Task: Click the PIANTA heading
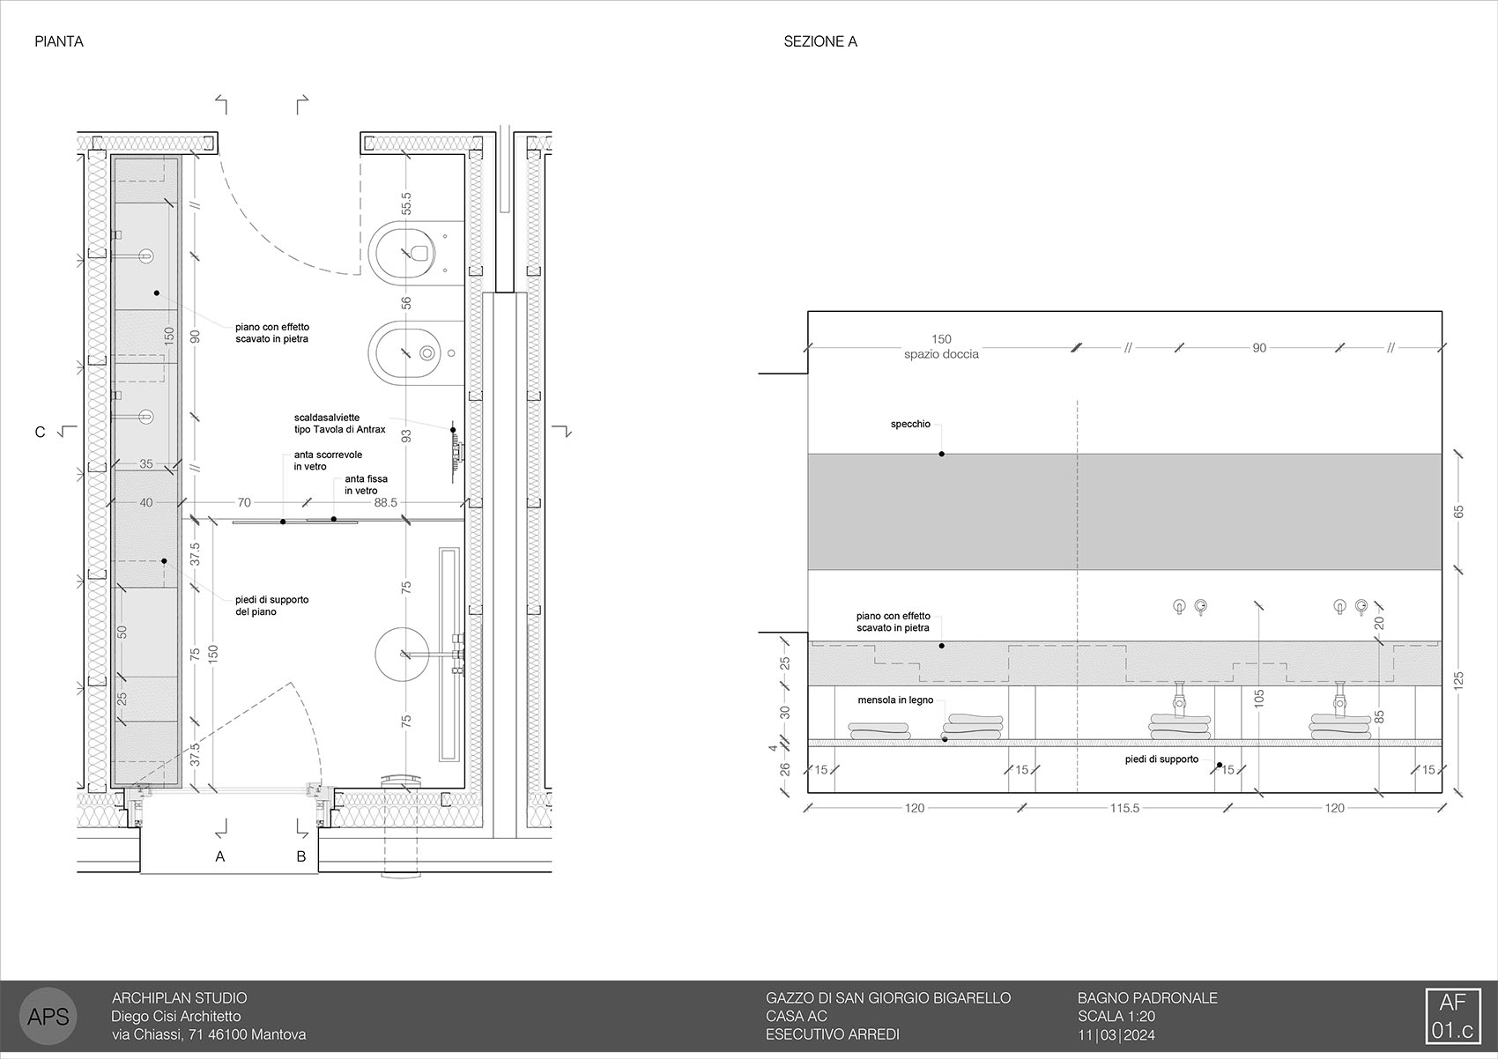[x=59, y=41]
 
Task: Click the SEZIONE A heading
[x=819, y=41]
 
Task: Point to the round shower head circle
[x=402, y=654]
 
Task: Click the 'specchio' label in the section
[x=910, y=424]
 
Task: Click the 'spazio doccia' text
[x=941, y=354]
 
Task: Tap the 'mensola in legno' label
[x=895, y=700]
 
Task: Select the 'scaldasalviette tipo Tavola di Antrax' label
[x=340, y=423]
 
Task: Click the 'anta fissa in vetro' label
[x=366, y=485]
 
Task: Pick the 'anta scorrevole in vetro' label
[x=328, y=460]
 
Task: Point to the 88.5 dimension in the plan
[x=385, y=502]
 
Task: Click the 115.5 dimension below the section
[x=1124, y=808]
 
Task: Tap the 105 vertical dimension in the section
[x=1259, y=699]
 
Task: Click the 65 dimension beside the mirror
[x=1458, y=512]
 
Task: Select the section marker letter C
[x=41, y=432]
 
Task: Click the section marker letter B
[x=301, y=856]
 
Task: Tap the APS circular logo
[x=48, y=1016]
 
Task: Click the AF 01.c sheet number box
[x=1452, y=1016]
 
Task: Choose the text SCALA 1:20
[x=1116, y=1016]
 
